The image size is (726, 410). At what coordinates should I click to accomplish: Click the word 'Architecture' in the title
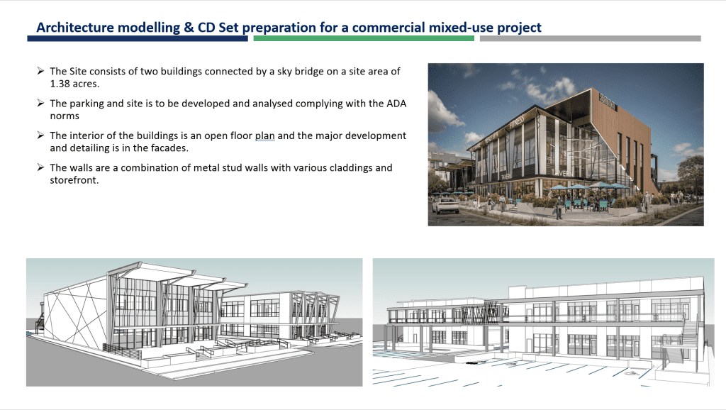tap(78, 28)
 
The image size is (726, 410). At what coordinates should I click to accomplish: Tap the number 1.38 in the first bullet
tap(62, 83)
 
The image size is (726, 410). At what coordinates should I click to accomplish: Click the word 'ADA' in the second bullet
tap(394, 104)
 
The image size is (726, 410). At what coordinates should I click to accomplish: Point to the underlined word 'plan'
tap(265, 135)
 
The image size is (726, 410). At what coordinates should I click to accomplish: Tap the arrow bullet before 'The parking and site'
tap(41, 104)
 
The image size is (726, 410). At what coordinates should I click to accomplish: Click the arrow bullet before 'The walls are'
tap(41, 168)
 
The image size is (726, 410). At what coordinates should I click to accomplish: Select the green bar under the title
tap(363, 38)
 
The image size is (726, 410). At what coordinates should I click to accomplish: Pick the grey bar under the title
tap(590, 38)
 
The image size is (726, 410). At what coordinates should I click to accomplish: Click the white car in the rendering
tap(446, 205)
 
